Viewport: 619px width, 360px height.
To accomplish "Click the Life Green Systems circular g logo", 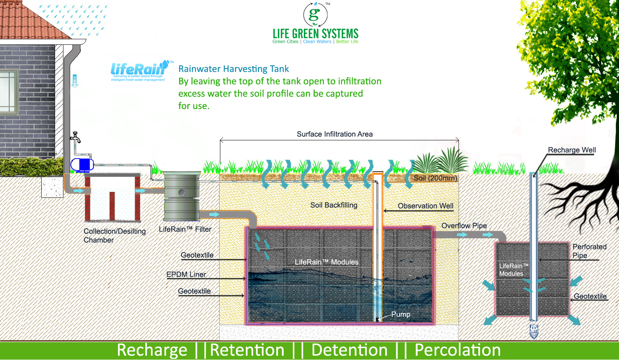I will click(x=315, y=15).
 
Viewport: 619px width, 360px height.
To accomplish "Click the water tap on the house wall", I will click(x=75, y=137).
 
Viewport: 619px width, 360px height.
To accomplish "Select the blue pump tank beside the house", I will click(x=82, y=164).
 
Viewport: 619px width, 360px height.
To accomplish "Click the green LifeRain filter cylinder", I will click(x=182, y=196).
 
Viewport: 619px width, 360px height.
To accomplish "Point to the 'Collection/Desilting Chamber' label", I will click(x=114, y=236).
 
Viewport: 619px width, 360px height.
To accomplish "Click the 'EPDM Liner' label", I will click(x=186, y=274).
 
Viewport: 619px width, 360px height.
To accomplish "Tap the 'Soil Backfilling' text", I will click(x=334, y=205).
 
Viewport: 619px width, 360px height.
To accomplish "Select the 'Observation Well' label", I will click(x=426, y=206).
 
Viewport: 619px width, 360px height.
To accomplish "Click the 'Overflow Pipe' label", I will click(x=464, y=226).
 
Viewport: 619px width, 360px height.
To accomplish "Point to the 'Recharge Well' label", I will click(x=571, y=150).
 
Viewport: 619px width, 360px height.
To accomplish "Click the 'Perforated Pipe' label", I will click(x=589, y=251).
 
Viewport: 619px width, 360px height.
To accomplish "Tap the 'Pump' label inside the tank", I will click(x=401, y=314).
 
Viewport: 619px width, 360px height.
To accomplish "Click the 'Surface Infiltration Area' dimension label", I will click(x=334, y=134).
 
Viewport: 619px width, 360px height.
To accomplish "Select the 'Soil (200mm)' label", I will click(x=435, y=178).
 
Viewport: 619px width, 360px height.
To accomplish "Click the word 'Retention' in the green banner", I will click(x=247, y=350).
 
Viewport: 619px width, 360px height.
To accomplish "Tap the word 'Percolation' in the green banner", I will click(x=457, y=350).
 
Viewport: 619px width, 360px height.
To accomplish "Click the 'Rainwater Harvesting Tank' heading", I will click(x=233, y=69).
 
